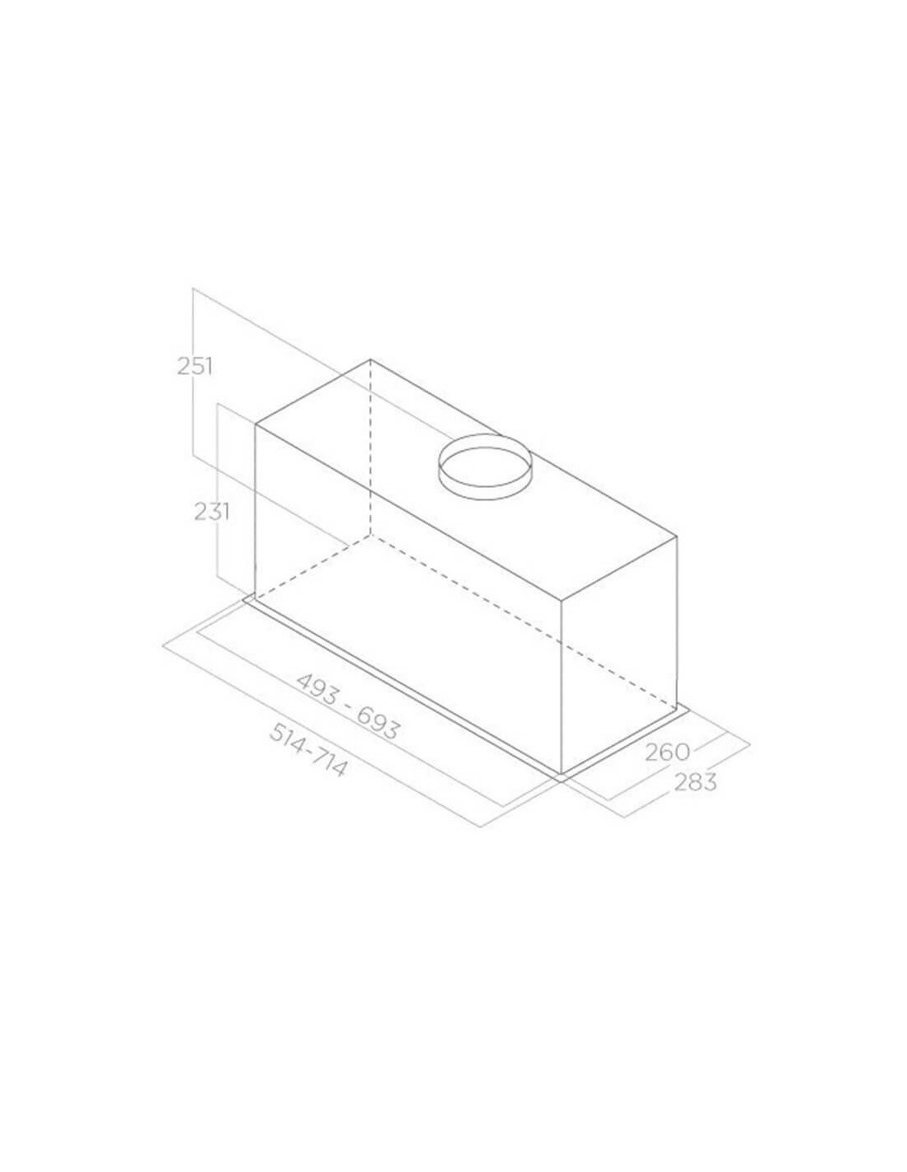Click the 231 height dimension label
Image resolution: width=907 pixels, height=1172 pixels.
212,512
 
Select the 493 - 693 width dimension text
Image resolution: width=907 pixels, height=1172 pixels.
348,707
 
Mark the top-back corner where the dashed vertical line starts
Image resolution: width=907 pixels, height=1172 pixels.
370,359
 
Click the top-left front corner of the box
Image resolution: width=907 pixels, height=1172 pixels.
256,425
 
